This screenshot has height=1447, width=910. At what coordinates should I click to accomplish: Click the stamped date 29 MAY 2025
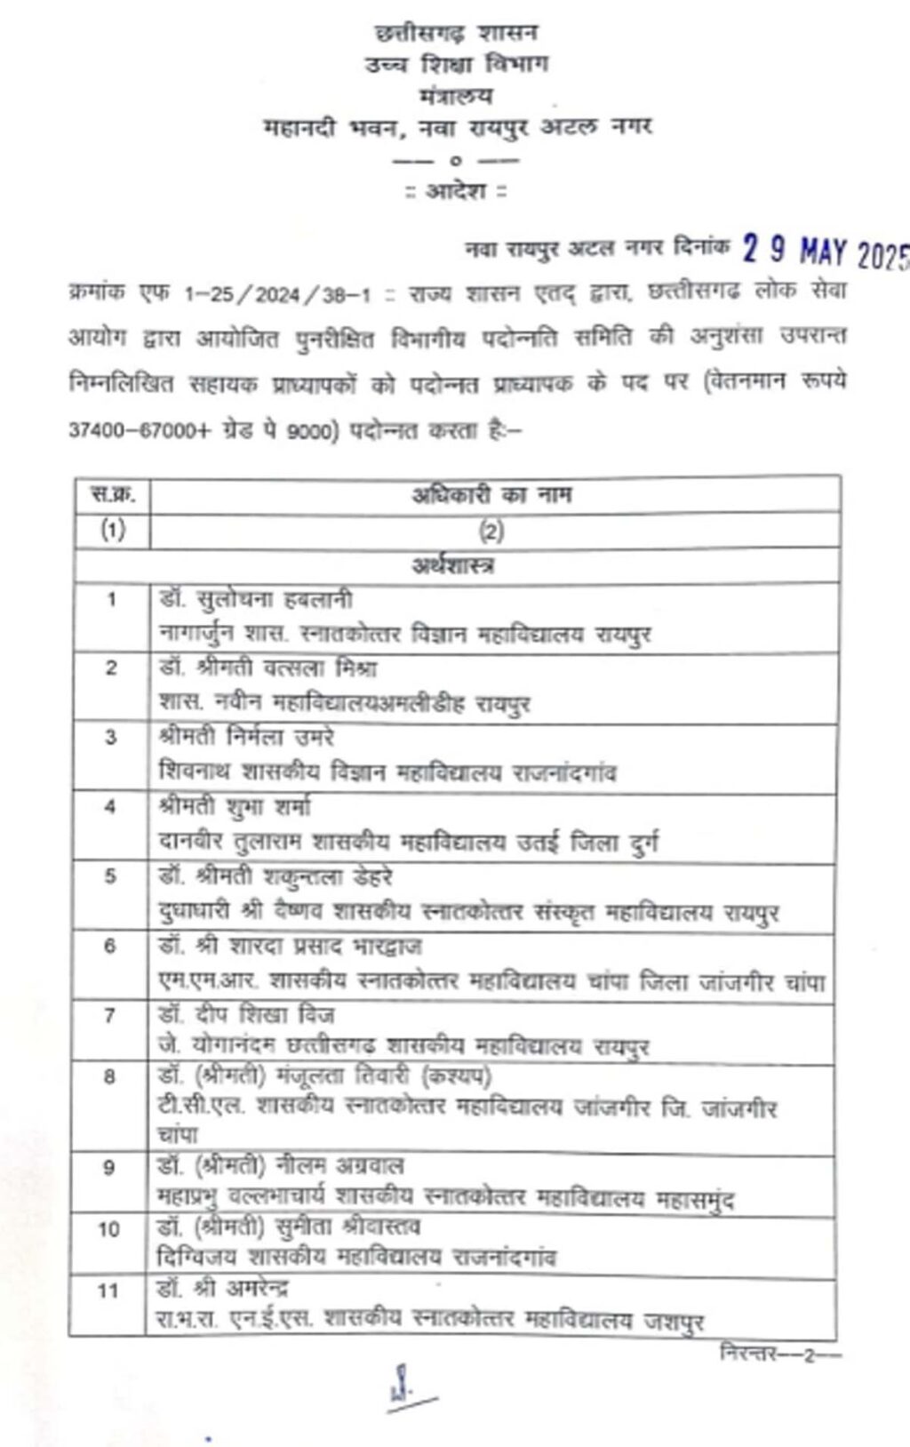pos(825,252)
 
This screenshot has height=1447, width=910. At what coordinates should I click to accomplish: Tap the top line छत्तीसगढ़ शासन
pos(456,33)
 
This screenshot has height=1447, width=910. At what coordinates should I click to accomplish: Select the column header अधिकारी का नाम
pos(491,494)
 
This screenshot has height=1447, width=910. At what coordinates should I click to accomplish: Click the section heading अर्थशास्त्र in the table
pos(453,564)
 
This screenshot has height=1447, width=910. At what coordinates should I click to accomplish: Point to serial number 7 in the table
pos(109,1016)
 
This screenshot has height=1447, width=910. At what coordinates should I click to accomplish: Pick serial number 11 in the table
pos(108,1291)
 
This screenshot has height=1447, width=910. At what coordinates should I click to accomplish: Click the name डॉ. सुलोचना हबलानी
pos(256,601)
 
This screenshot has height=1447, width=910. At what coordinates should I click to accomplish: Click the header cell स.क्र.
pos(110,494)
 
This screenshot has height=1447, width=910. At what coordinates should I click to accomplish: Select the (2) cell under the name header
pos(491,532)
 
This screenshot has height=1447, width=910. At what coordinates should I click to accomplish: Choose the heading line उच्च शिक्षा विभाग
pos(456,64)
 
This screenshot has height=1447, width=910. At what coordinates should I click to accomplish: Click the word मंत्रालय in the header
pos(456,96)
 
